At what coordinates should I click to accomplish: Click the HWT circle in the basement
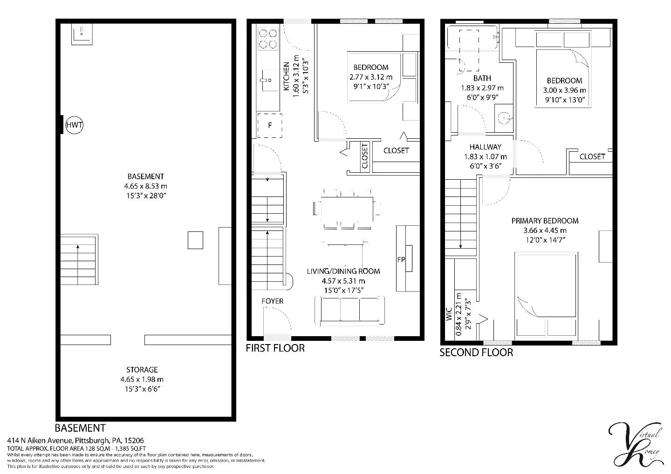74,125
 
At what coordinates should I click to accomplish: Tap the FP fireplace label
401,260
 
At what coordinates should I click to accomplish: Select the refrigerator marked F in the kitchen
269,125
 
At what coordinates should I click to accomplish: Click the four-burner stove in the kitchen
267,39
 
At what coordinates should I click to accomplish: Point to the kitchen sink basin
268,80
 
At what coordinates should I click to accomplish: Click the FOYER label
272,301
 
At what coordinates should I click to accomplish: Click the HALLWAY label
485,147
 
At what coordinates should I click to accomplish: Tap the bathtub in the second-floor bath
472,38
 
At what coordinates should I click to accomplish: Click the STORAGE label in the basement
142,370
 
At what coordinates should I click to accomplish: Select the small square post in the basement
195,240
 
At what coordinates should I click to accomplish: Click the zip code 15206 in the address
135,440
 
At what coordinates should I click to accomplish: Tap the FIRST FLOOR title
275,348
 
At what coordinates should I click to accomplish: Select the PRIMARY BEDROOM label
545,221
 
